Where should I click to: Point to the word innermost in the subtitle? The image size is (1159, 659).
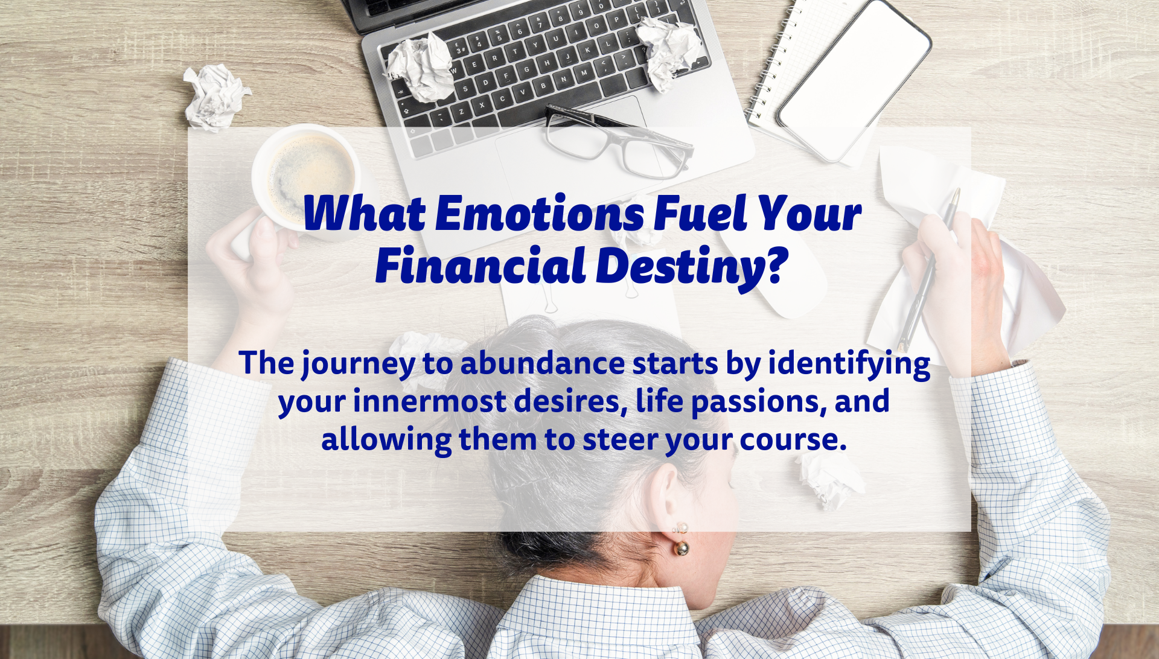click(x=430, y=402)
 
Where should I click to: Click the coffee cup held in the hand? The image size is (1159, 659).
click(x=305, y=181)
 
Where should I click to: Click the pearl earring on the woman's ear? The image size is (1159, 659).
click(x=681, y=540)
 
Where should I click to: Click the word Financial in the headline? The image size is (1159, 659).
click(x=481, y=266)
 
